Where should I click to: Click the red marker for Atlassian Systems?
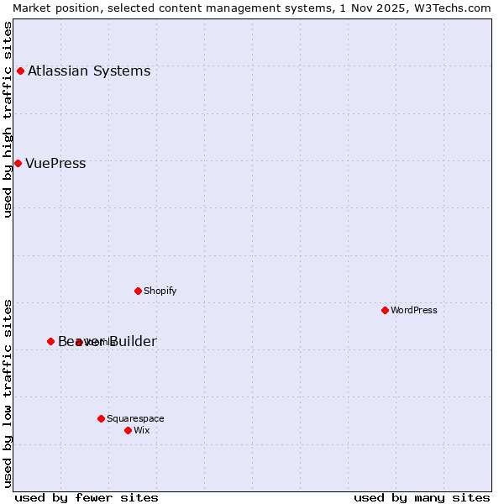tap(20, 71)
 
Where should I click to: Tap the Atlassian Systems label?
tap(89, 71)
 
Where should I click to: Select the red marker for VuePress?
tap(18, 163)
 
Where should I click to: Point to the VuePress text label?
tap(55, 163)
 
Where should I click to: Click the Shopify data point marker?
tap(138, 291)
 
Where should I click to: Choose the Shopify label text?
tap(160, 291)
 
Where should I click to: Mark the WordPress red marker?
tap(385, 310)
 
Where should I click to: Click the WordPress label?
tap(414, 310)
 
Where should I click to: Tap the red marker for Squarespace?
tap(101, 418)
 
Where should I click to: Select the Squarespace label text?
tap(135, 418)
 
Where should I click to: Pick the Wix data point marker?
tap(128, 430)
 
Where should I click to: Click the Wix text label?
tap(142, 430)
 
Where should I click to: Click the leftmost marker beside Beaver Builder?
tap(50, 341)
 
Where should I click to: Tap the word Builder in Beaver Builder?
tap(133, 341)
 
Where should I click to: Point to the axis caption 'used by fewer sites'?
tap(87, 497)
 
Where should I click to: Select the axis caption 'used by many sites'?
tap(422, 497)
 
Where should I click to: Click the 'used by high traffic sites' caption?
tap(8, 119)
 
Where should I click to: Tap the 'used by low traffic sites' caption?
tap(8, 392)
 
